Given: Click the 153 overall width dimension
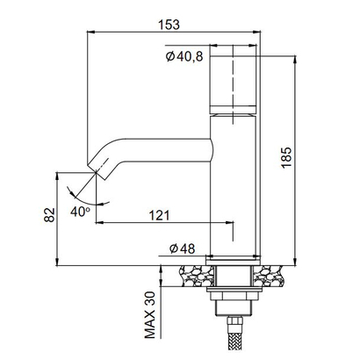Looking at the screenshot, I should [x=163, y=25].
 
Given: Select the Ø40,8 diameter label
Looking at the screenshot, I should [x=184, y=57].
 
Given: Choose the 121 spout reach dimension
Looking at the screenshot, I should [x=161, y=214].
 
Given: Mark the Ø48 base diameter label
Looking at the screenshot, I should [x=182, y=249].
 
